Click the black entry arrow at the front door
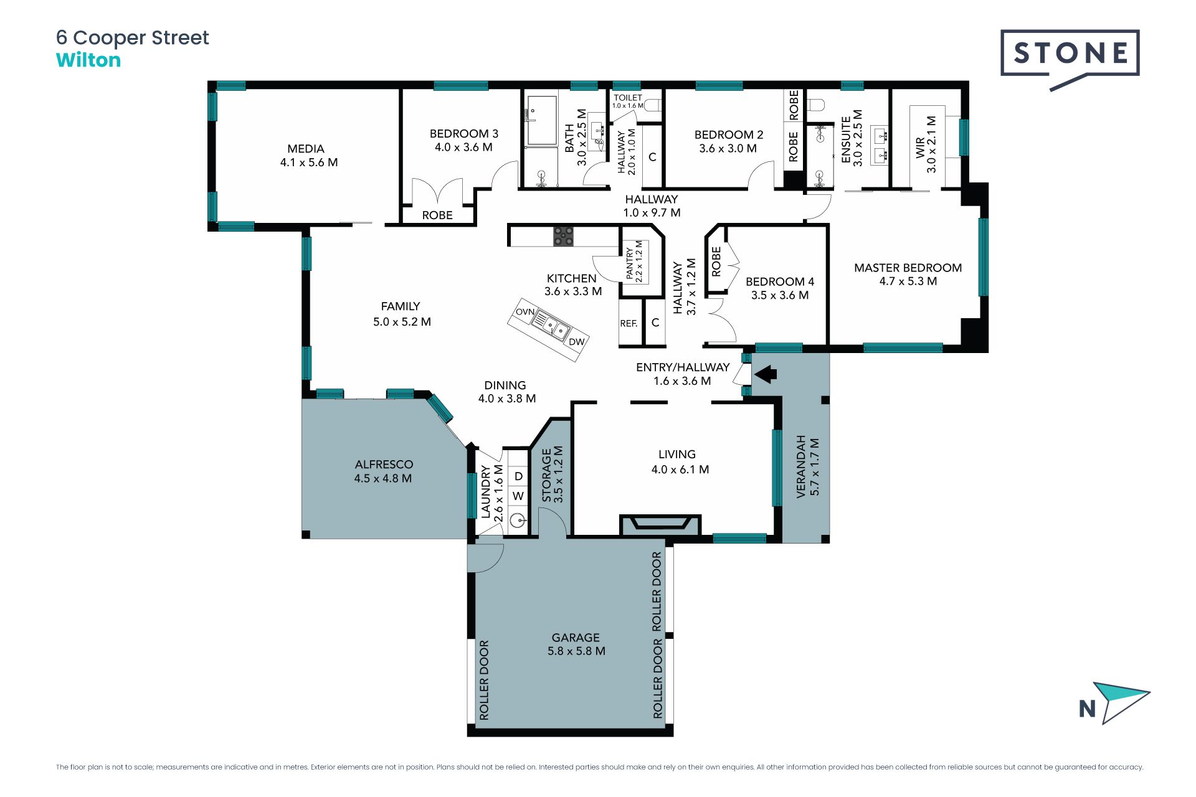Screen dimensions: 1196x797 766,374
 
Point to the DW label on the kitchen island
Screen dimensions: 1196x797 576,341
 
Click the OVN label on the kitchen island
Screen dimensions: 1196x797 525,312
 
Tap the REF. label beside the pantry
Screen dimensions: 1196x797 629,324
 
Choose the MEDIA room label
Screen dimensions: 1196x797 306,149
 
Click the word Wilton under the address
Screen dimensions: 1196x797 88,60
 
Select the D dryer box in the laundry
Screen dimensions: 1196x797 518,476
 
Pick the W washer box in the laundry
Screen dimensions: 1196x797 518,496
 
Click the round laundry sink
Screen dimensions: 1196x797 517,520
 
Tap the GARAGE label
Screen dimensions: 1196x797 576,638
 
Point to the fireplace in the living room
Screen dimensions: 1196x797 660,524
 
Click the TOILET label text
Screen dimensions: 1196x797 628,98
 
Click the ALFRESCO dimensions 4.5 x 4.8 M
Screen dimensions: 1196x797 382,479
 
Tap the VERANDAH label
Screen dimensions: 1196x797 801,466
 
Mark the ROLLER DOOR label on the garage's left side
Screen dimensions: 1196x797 484,680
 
